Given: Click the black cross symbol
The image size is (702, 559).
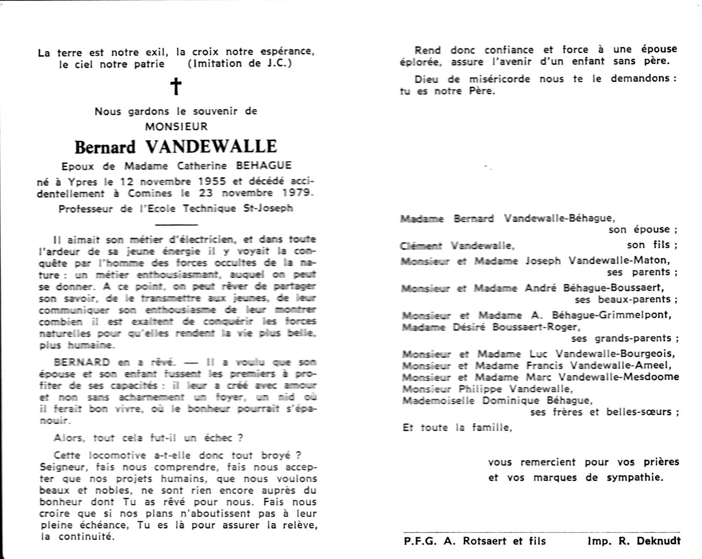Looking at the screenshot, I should coord(176,87).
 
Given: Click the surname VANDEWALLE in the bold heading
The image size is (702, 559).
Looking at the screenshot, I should coord(212,147).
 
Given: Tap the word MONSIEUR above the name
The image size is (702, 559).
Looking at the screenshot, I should coord(176,127).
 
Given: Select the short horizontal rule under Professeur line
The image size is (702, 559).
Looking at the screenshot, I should coord(176,224).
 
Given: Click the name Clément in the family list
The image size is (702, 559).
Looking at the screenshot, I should coord(421,246).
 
